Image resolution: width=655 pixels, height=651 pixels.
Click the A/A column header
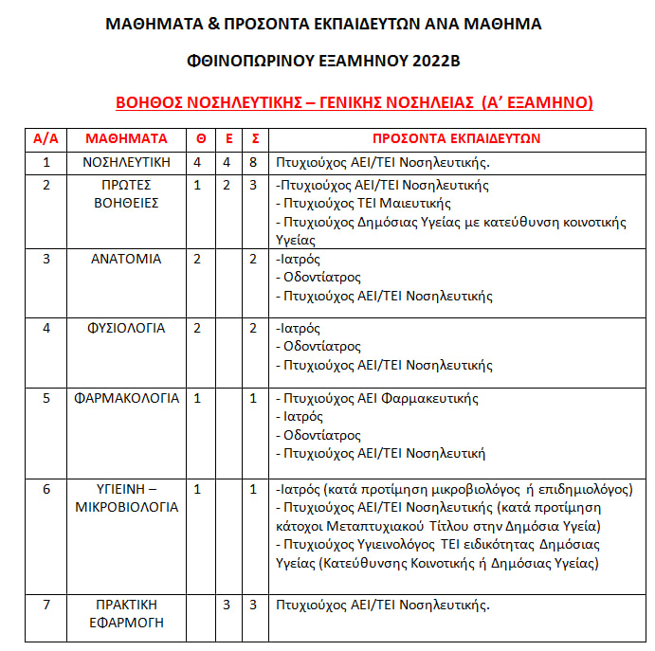pyautogui.click(x=45, y=138)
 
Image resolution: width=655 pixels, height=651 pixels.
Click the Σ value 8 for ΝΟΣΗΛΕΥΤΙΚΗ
pyautogui.click(x=253, y=162)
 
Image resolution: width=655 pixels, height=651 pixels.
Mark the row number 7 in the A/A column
pyautogui.click(x=45, y=604)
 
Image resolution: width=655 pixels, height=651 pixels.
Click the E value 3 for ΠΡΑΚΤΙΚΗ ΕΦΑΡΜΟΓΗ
pyautogui.click(x=227, y=604)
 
